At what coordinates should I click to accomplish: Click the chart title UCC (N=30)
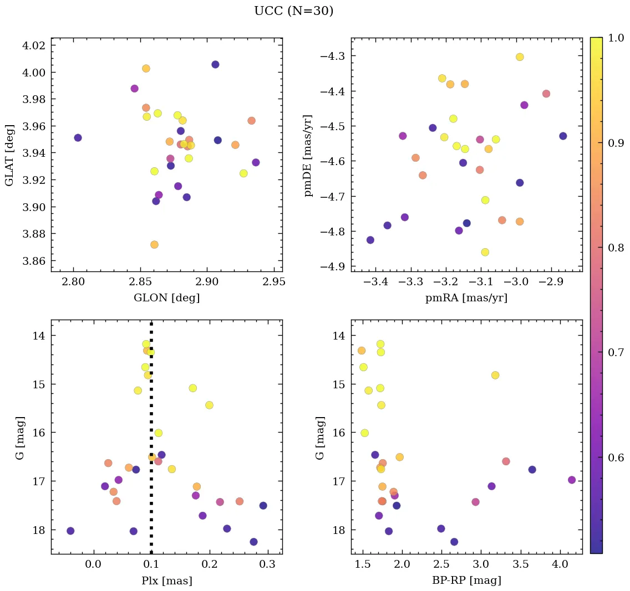293,11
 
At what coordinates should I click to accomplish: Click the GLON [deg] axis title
166,298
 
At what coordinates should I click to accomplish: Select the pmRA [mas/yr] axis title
466,298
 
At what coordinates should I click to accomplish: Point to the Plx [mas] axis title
166,580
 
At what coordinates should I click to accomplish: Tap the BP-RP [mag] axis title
466,580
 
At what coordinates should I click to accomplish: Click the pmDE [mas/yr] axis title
309,156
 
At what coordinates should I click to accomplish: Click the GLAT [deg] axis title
9,156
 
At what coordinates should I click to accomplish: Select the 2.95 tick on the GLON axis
274,282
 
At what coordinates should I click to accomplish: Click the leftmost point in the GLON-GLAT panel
78,138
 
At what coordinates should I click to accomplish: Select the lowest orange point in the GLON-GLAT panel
154,245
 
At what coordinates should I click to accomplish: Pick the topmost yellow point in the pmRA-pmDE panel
520,57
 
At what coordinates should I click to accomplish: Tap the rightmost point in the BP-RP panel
572,480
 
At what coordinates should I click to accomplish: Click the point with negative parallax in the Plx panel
70,531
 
